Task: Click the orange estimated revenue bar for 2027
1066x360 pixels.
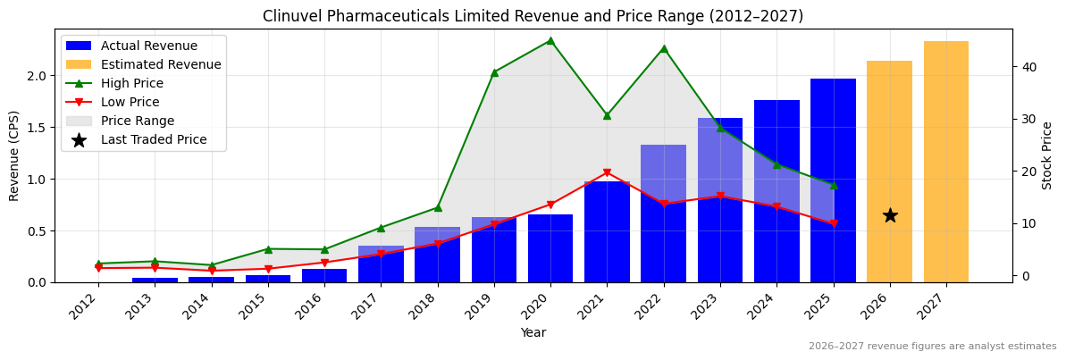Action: [945, 162]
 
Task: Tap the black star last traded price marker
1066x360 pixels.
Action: [890, 215]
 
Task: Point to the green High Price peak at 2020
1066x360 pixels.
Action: [550, 40]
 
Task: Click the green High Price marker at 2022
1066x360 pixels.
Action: [663, 48]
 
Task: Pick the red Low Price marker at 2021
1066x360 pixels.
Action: [607, 172]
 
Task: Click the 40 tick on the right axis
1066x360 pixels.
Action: [1028, 67]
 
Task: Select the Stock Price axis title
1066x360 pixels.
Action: [1048, 155]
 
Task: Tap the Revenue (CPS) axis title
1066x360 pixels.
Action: [14, 155]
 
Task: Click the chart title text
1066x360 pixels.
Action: [533, 16]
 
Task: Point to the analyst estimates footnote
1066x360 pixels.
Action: [932, 347]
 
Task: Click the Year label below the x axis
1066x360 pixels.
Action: [533, 332]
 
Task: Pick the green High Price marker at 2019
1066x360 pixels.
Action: [494, 72]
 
